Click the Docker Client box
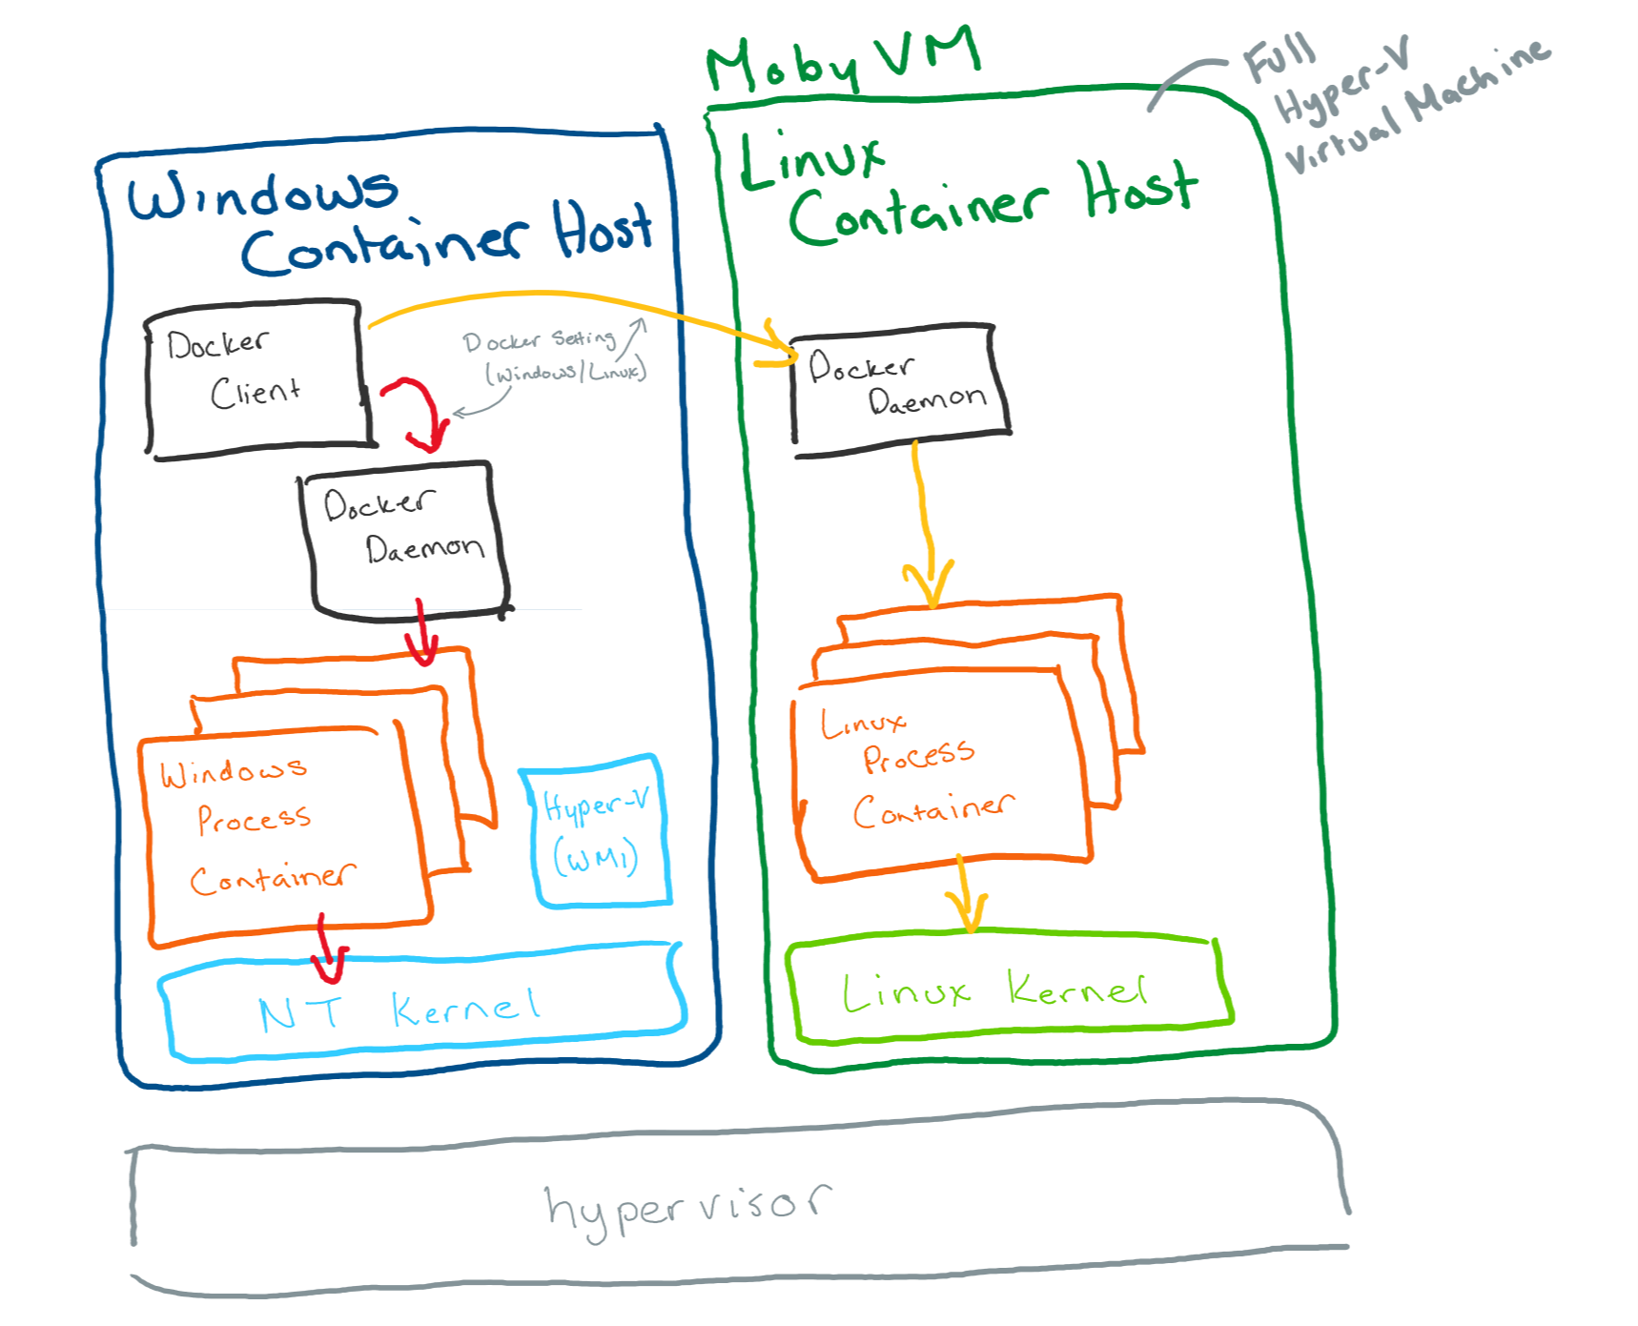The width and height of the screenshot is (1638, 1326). [256, 378]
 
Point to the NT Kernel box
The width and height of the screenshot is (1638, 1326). [420, 1009]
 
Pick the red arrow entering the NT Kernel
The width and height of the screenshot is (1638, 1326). [328, 953]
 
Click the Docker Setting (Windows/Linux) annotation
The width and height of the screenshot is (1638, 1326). [553, 356]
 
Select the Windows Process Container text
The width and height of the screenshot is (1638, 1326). [257, 825]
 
